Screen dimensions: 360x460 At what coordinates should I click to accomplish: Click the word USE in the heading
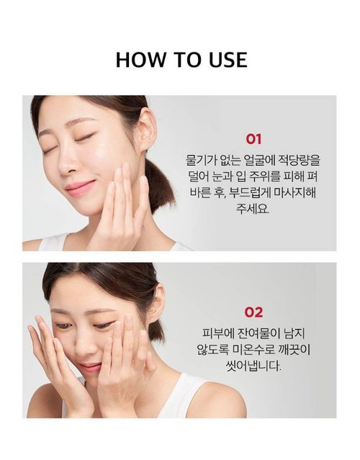[228, 60]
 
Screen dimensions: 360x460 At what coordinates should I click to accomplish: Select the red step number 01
[253, 139]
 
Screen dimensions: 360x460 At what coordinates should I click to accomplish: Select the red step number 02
[253, 312]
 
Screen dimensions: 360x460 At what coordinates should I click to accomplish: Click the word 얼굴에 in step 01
[258, 161]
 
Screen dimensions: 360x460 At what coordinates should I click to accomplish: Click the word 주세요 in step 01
[252, 209]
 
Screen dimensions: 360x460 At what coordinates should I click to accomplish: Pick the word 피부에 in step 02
[217, 333]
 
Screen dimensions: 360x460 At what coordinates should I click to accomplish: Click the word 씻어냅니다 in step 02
[253, 366]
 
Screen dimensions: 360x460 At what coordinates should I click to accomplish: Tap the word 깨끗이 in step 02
[295, 350]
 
